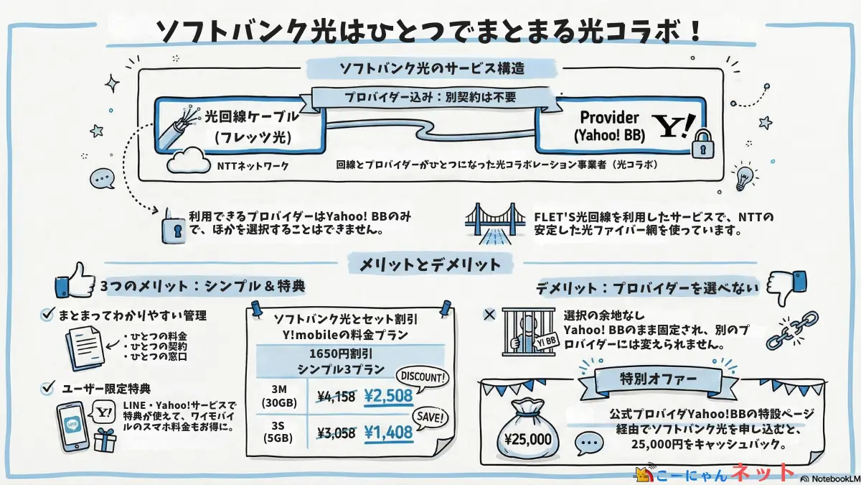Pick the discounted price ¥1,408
tap(387, 433)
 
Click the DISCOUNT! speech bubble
tap(422, 377)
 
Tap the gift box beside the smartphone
tap(105, 439)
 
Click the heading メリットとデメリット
tap(430, 264)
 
